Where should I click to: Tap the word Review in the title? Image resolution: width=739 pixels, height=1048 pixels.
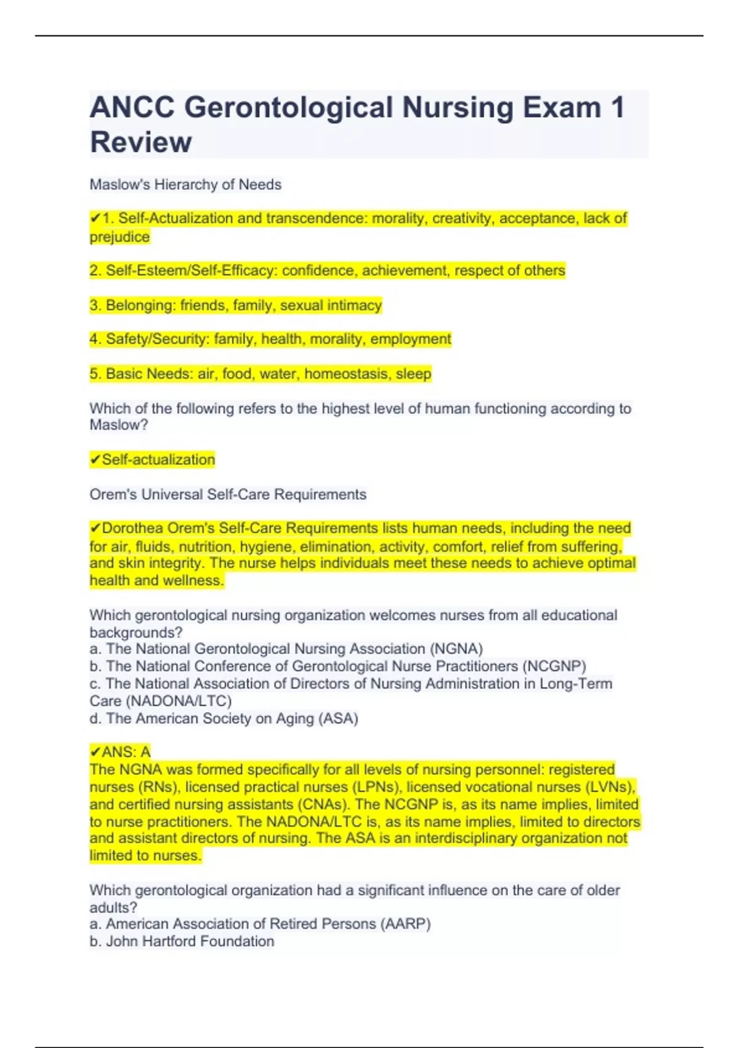(x=141, y=142)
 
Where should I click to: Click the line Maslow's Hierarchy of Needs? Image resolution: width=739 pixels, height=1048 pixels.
(x=185, y=184)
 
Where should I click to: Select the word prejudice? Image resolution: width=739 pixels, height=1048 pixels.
(x=119, y=237)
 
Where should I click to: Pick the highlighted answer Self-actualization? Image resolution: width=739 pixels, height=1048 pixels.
(x=158, y=459)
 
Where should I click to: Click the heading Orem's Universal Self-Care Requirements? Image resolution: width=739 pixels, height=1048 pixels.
(x=228, y=494)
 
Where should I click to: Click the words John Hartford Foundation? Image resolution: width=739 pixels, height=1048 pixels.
(x=190, y=941)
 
